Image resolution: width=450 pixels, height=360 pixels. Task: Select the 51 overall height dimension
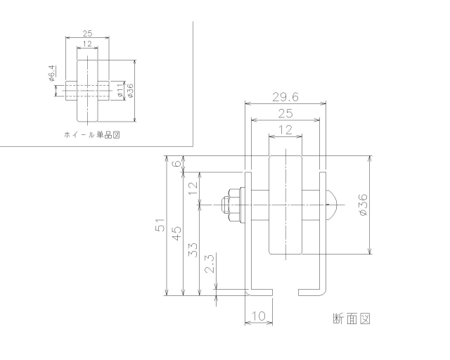160,226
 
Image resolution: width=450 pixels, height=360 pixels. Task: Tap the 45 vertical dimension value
176,233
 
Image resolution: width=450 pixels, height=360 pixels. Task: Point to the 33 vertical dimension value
193,249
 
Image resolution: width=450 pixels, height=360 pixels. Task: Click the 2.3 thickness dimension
209,265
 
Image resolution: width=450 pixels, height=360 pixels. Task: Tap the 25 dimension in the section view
285,113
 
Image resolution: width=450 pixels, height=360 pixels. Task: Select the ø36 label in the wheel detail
130,90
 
